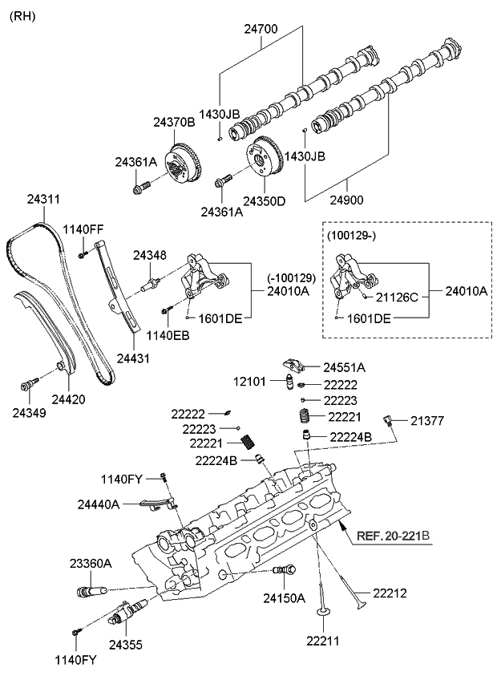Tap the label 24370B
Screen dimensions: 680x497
(x=174, y=122)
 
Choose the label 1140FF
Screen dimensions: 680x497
(x=84, y=229)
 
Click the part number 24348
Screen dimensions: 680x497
(x=149, y=255)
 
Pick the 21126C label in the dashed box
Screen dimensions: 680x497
(x=397, y=296)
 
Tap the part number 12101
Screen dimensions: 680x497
(x=251, y=381)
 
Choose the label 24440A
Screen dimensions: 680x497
(x=99, y=504)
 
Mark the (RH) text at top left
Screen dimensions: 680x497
(x=22, y=15)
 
